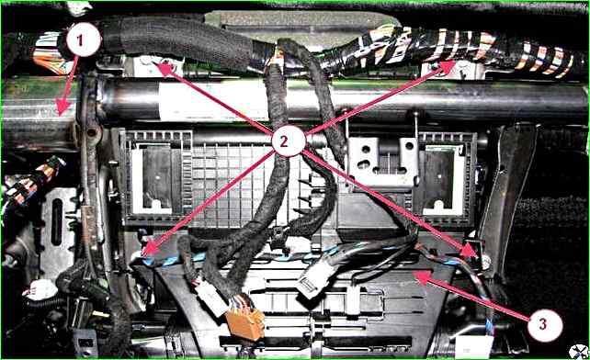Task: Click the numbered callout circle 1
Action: point(84,39)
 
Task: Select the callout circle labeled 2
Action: point(289,141)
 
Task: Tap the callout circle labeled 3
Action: point(545,324)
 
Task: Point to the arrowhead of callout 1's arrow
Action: point(62,107)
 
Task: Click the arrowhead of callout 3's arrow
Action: point(420,277)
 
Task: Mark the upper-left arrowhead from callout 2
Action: point(162,68)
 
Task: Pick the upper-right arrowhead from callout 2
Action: point(448,67)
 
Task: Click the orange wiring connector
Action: point(245,323)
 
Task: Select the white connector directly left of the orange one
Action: point(211,298)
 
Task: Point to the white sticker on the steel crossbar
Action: point(210,101)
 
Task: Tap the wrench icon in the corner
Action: point(577,351)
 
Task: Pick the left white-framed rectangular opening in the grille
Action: point(156,178)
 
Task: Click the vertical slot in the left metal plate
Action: point(57,222)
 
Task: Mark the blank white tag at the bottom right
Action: point(473,345)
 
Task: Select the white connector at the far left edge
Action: point(40,290)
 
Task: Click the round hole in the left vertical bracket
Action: point(92,132)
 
